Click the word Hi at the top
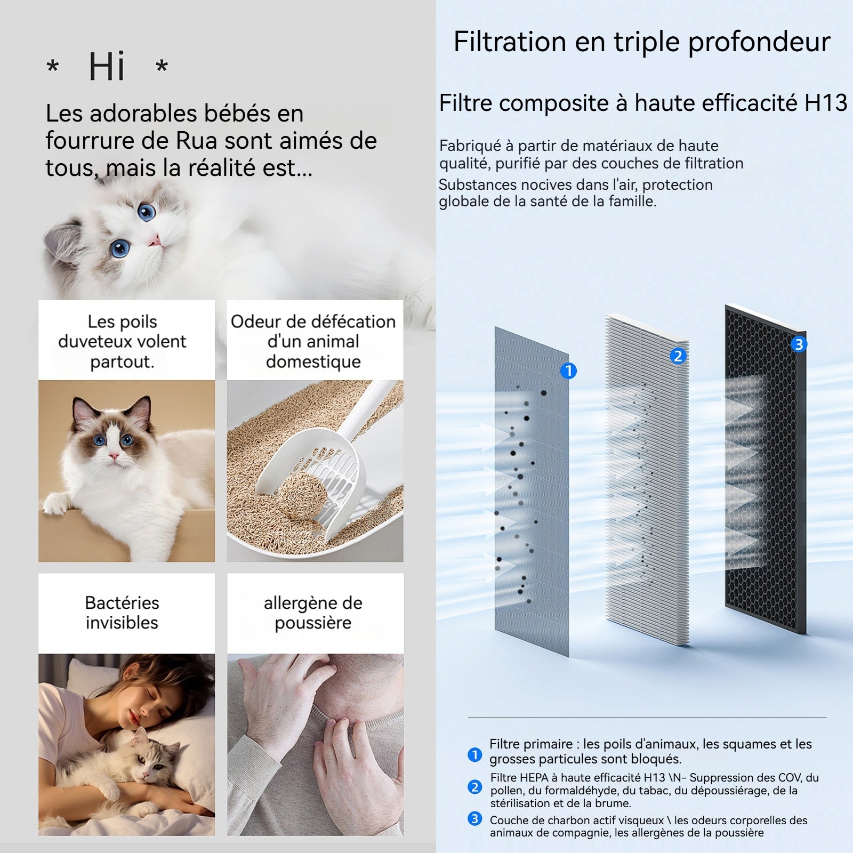107,67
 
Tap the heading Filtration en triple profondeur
642,42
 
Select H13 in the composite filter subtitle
826,103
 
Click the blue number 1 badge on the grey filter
569,371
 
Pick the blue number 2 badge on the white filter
678,356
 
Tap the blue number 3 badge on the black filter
799,344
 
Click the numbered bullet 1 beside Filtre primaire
474,754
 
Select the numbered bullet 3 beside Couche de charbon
474,818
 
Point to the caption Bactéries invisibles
122,613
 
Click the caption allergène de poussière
313,613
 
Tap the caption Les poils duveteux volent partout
122,341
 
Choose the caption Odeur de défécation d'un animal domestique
313,341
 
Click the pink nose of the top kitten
155,242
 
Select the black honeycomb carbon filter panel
766,469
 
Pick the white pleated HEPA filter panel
647,480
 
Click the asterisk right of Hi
162,66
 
